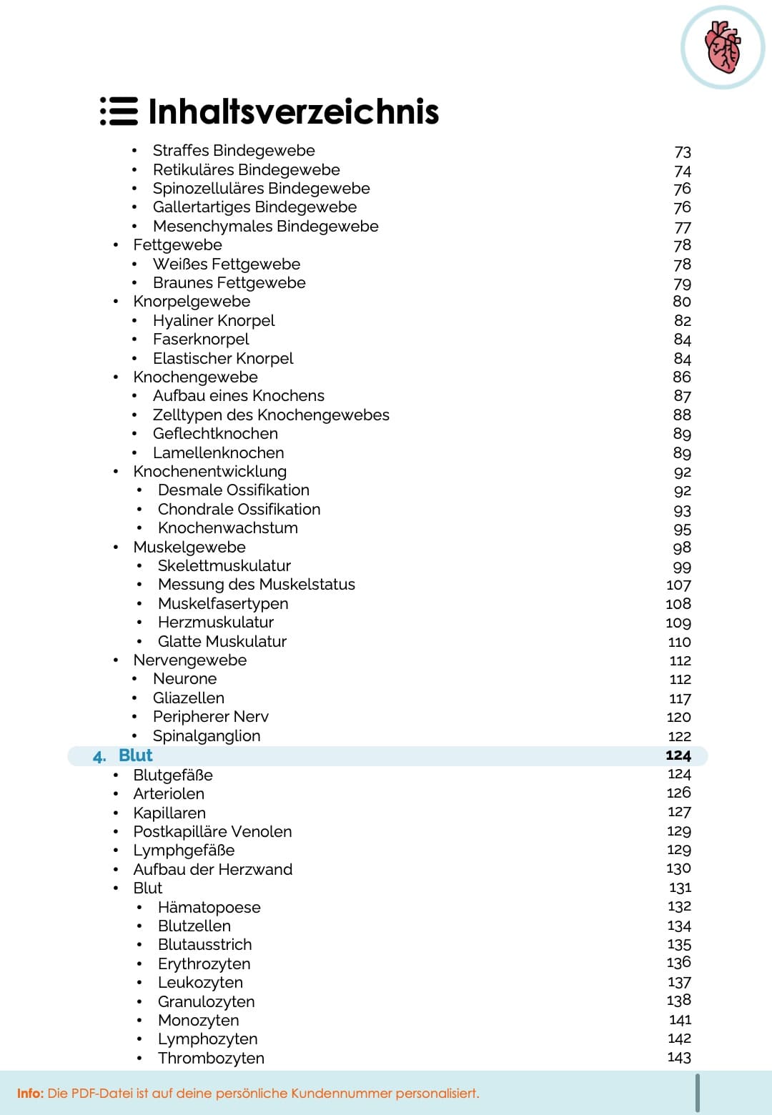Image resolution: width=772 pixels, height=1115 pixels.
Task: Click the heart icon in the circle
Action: (723, 47)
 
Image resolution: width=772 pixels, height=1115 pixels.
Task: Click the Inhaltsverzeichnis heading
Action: (293, 112)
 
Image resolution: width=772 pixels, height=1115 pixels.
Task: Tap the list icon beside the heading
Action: (119, 111)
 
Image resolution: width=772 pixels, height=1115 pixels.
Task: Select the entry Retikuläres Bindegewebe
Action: (246, 170)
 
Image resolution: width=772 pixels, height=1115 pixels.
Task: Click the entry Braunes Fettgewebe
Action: (229, 283)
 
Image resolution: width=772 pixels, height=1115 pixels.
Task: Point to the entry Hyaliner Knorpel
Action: (213, 321)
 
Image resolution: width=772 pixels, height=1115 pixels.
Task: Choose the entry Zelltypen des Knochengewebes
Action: (271, 415)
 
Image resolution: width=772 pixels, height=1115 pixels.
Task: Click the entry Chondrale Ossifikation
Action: (239, 510)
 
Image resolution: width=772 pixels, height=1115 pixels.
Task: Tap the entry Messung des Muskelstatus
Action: (256, 585)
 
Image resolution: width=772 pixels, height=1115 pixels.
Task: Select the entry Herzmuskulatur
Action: (215, 623)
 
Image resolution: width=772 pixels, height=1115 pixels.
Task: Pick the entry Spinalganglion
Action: (206, 736)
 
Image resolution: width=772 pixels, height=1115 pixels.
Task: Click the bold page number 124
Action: (678, 755)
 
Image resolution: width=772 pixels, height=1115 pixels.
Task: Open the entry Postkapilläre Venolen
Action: (212, 832)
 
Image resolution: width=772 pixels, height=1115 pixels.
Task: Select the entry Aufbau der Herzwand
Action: (212, 870)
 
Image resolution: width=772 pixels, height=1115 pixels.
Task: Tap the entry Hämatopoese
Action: (209, 908)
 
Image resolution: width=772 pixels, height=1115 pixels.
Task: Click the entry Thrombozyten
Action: (211, 1059)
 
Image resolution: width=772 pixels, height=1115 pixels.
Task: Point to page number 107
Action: (678, 585)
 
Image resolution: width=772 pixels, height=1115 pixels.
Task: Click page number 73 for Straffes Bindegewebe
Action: (683, 152)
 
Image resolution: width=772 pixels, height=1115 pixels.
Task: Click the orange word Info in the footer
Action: (30, 1094)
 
